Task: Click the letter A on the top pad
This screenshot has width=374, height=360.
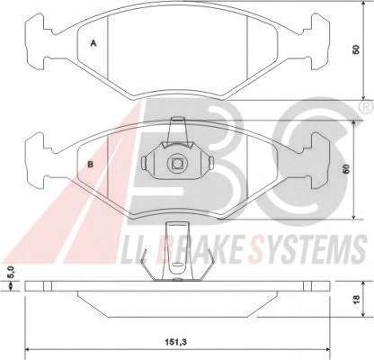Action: point(93,44)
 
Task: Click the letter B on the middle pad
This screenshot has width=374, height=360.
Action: point(90,164)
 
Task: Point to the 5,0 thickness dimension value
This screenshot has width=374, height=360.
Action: point(12,273)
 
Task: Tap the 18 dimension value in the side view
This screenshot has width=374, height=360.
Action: point(356,299)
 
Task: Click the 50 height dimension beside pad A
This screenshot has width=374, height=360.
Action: point(356,49)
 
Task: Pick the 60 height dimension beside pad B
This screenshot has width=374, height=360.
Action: point(347,168)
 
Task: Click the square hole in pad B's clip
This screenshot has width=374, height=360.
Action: point(178,163)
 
